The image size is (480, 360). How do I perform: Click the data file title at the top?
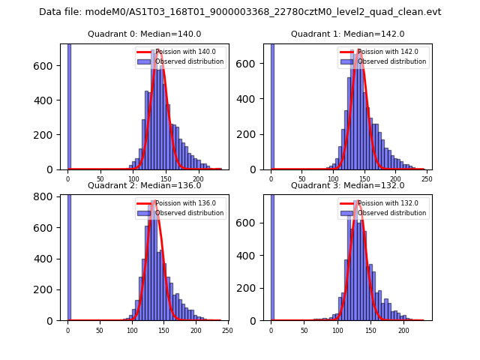click(x=240, y=12)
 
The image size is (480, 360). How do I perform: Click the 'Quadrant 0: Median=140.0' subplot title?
click(x=144, y=34)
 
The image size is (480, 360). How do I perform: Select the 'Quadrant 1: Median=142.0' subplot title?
click(x=347, y=34)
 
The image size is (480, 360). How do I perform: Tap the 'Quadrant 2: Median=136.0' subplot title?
click(x=144, y=185)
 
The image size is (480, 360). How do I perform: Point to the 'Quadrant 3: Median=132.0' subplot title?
click(x=347, y=185)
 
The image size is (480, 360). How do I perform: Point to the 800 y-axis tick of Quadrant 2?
click(x=47, y=196)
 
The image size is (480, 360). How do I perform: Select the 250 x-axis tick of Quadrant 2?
click(x=227, y=330)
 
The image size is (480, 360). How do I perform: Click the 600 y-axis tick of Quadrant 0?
click(x=47, y=65)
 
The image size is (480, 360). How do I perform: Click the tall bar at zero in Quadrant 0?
click(x=68, y=105)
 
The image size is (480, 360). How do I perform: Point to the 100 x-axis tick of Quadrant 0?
click(x=133, y=178)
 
